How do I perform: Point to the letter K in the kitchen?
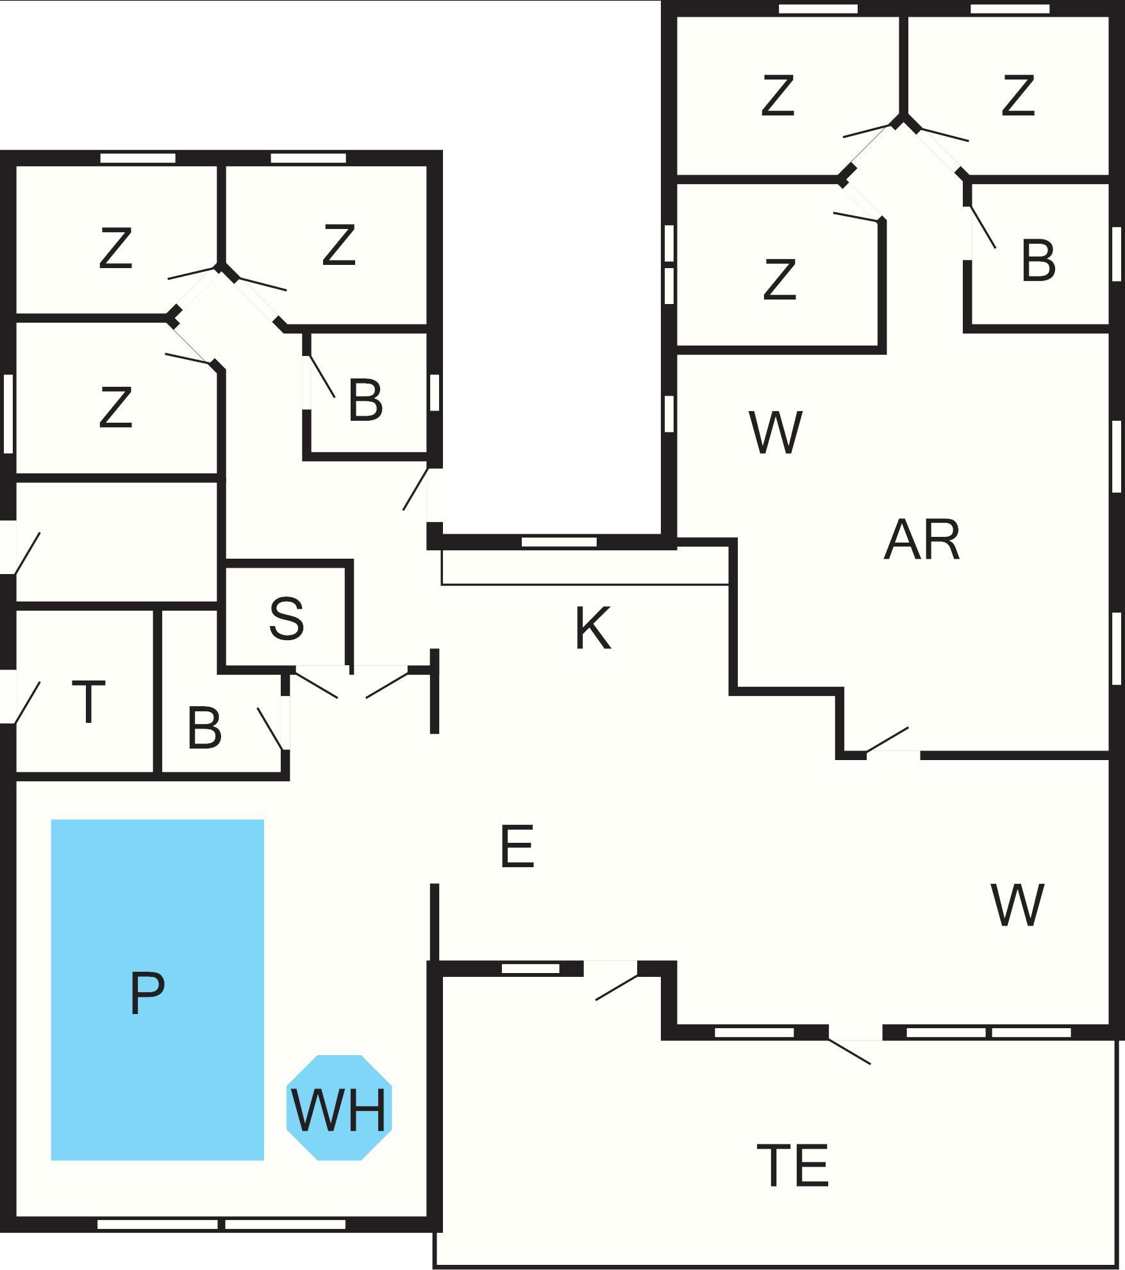click(x=593, y=628)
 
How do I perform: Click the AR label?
click(x=922, y=541)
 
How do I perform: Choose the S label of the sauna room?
click(x=287, y=618)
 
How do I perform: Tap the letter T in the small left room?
click(x=88, y=702)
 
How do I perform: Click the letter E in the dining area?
click(x=517, y=847)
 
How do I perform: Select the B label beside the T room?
click(x=204, y=729)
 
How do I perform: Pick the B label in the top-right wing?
click(x=1038, y=261)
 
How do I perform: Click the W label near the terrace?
click(x=1017, y=905)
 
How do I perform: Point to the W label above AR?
click(x=776, y=433)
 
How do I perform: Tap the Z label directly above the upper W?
click(x=779, y=280)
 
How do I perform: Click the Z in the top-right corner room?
click(x=1017, y=96)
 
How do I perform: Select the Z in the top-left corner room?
click(x=116, y=249)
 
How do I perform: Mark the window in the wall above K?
click(x=559, y=542)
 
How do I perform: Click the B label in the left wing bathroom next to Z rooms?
click(x=365, y=401)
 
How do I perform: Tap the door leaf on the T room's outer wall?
click(x=27, y=702)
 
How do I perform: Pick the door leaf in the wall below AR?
click(x=887, y=738)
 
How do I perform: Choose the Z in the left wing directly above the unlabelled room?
click(x=116, y=407)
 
